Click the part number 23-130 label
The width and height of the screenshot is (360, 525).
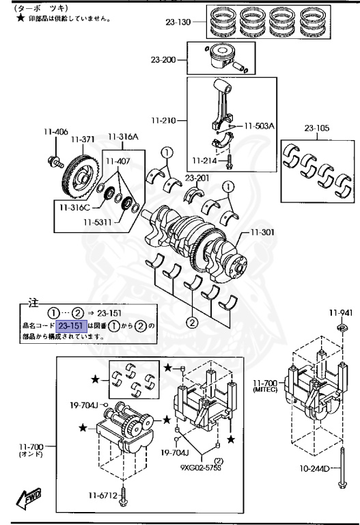click(179, 21)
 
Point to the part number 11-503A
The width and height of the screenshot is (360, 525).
click(260, 126)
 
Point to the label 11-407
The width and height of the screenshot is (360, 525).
click(119, 161)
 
